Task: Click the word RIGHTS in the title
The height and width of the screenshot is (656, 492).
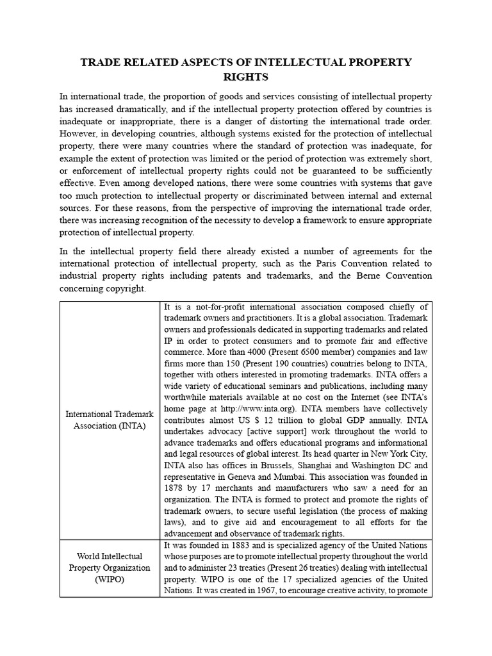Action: [x=245, y=78]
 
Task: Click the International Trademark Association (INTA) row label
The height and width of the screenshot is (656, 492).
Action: [x=110, y=420]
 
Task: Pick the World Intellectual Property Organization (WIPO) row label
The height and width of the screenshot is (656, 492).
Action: [x=110, y=568]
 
